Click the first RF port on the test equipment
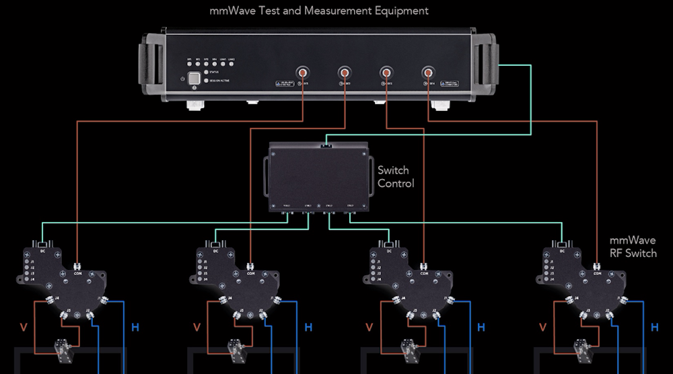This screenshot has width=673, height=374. pos(303,72)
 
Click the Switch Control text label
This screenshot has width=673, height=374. pos(396,177)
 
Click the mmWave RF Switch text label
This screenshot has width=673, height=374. pos(632,246)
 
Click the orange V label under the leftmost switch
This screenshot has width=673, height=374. pos(24,328)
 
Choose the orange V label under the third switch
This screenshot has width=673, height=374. pos(369,328)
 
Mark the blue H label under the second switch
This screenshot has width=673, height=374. pos(308,328)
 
